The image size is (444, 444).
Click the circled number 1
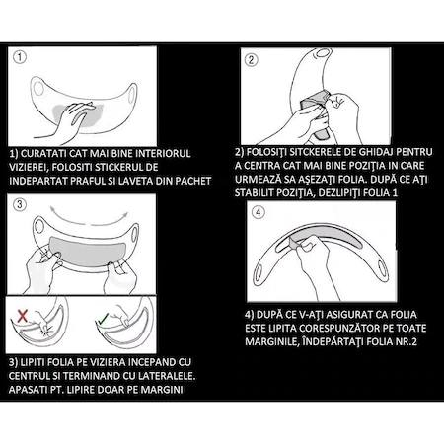(x=20, y=57)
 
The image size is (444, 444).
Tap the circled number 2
(x=252, y=59)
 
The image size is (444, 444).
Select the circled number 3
(x=20, y=204)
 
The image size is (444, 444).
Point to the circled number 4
(x=259, y=212)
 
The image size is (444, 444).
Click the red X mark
(x=22, y=316)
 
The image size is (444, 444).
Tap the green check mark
(x=103, y=318)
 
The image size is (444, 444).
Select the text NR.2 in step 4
(x=407, y=341)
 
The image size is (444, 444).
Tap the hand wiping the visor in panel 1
(x=66, y=120)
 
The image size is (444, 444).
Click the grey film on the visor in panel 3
(x=87, y=251)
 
